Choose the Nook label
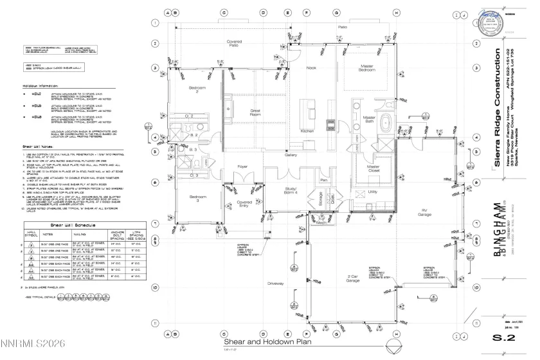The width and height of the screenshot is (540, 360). (311, 67)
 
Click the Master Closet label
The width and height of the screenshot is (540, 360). (373, 170)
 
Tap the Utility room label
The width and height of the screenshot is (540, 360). (372, 192)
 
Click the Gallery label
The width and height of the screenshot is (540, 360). (291, 155)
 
